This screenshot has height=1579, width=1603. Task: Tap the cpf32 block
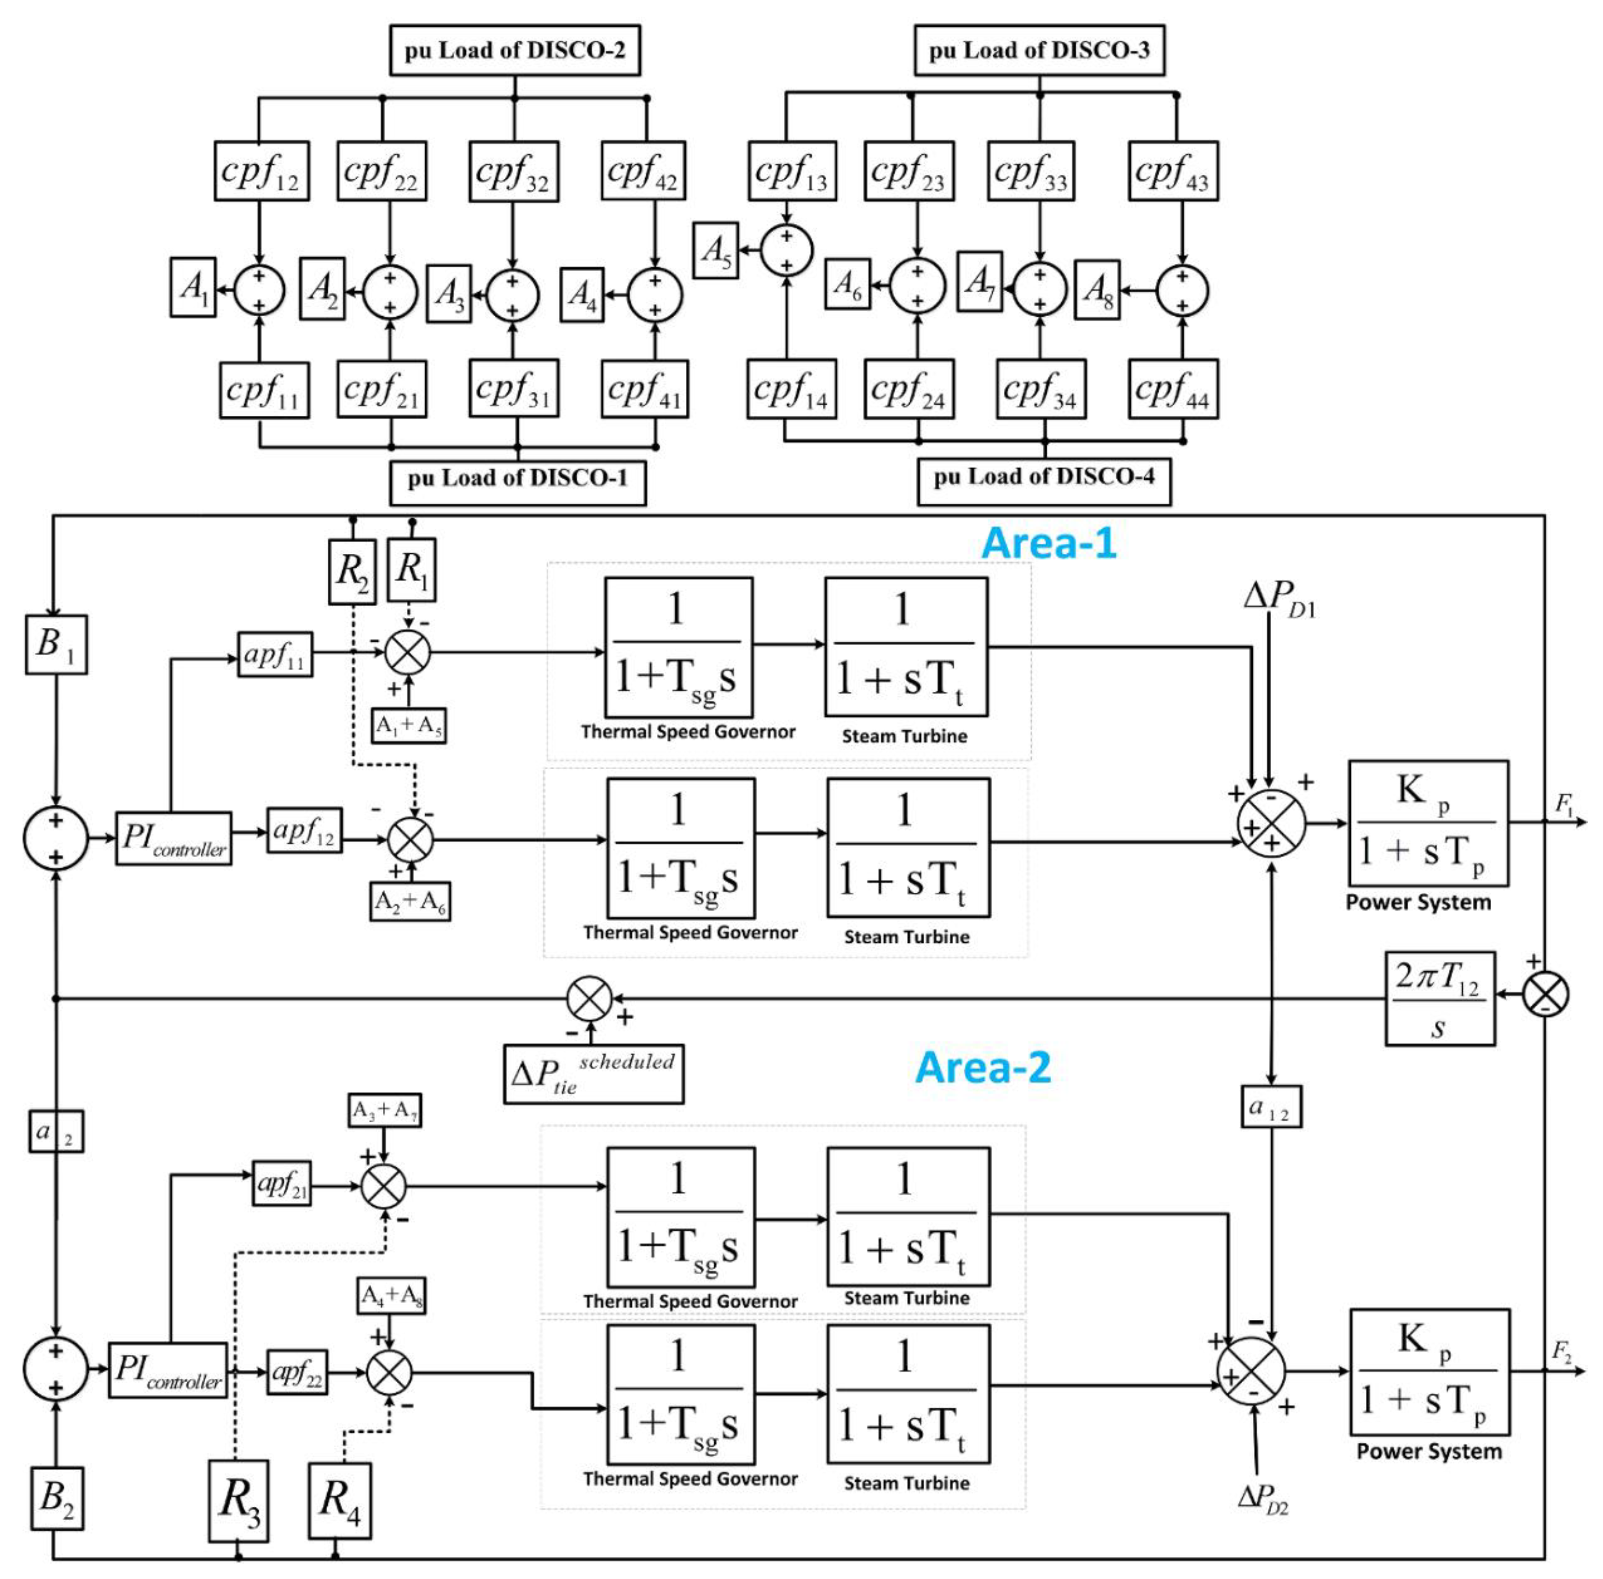click(x=513, y=172)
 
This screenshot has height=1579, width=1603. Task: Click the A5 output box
click(x=715, y=250)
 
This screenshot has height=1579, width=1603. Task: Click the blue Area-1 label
click(x=1048, y=543)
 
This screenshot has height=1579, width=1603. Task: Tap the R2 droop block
click(x=352, y=571)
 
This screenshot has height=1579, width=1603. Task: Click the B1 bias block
click(x=56, y=644)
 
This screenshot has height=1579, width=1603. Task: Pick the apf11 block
click(x=274, y=654)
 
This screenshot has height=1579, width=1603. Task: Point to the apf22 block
click(x=296, y=1372)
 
